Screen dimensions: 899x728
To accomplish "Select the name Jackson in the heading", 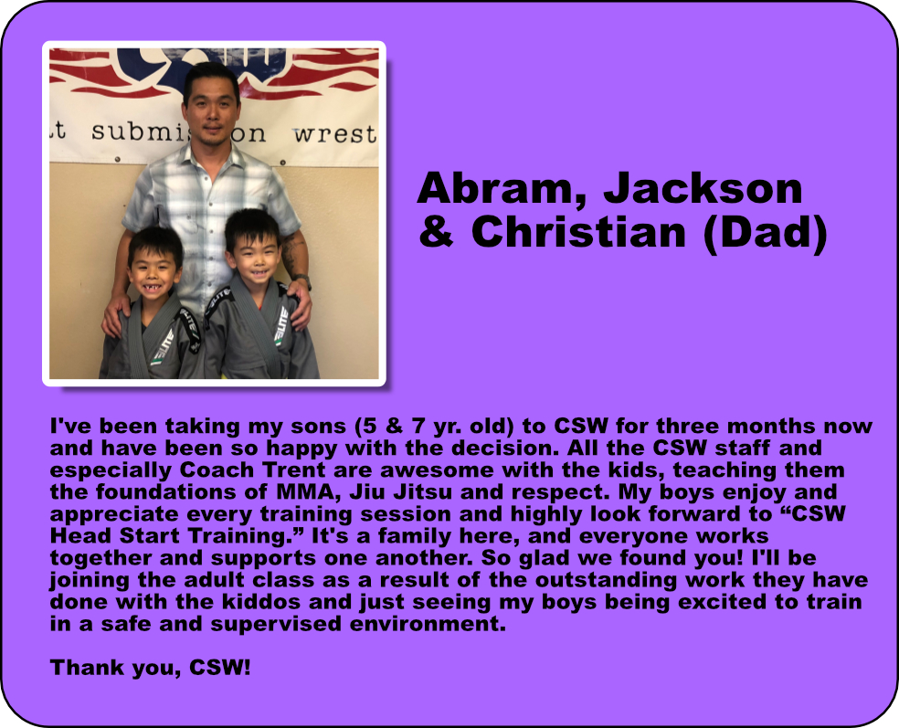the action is (703, 187).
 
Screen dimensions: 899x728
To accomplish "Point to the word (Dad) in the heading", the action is (765, 233).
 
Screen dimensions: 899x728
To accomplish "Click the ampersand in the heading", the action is (437, 232).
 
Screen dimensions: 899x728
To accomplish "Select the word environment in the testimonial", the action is (428, 624).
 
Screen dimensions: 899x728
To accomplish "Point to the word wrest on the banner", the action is (335, 134).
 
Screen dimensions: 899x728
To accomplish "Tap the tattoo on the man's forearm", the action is (293, 251).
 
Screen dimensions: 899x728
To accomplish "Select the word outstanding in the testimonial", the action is (608, 580).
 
